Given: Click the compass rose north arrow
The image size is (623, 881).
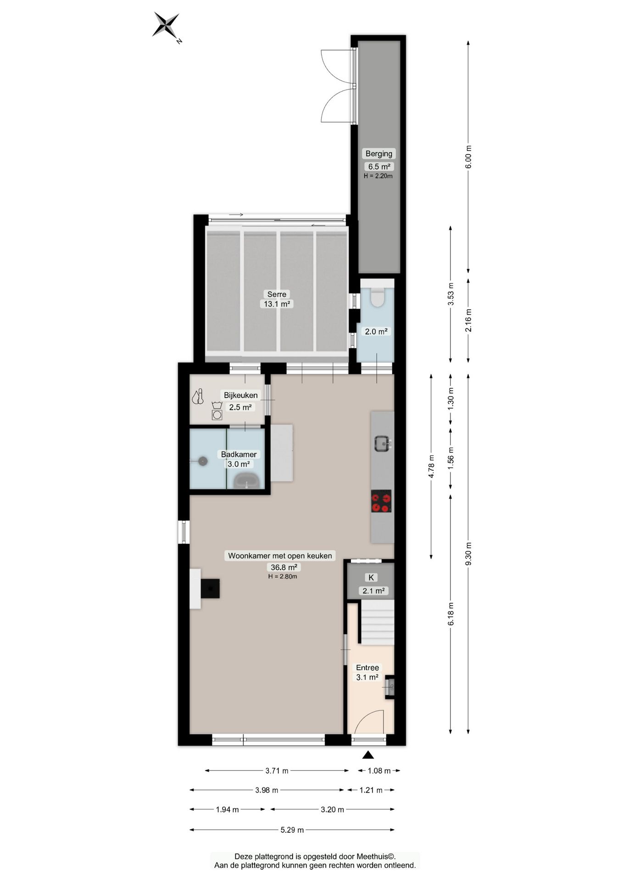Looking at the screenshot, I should pyautogui.click(x=166, y=25).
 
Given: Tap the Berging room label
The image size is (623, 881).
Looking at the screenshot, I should pyautogui.click(x=378, y=154).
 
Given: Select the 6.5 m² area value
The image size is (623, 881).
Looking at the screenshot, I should pyautogui.click(x=378, y=167).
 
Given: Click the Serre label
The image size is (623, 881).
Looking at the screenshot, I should pyautogui.click(x=277, y=294).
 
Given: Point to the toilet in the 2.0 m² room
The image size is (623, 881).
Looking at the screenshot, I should pyautogui.click(x=377, y=297).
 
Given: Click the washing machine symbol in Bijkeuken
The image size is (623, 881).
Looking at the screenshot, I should pyautogui.click(x=217, y=414).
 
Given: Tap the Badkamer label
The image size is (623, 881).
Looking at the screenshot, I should pyautogui.click(x=239, y=454).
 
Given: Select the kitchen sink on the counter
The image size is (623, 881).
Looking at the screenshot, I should pyautogui.click(x=382, y=443).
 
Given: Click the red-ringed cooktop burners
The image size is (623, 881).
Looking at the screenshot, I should pyautogui.click(x=381, y=501).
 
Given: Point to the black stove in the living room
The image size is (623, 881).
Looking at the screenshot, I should pyautogui.click(x=210, y=588).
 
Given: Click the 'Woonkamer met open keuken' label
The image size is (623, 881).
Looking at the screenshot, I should pyautogui.click(x=280, y=556).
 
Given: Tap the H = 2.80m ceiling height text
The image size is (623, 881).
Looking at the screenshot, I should pyautogui.click(x=283, y=576).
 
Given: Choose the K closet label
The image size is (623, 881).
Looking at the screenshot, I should pyautogui.click(x=371, y=578).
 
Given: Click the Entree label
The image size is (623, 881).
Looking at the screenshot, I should pyautogui.click(x=367, y=668).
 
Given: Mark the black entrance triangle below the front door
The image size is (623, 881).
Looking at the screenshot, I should pyautogui.click(x=368, y=755).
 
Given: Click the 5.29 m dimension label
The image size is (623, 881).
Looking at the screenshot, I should pyautogui.click(x=292, y=830).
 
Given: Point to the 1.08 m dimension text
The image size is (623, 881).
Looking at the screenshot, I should pyautogui.click(x=379, y=771).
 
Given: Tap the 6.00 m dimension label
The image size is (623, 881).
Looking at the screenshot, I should pyautogui.click(x=468, y=157).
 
